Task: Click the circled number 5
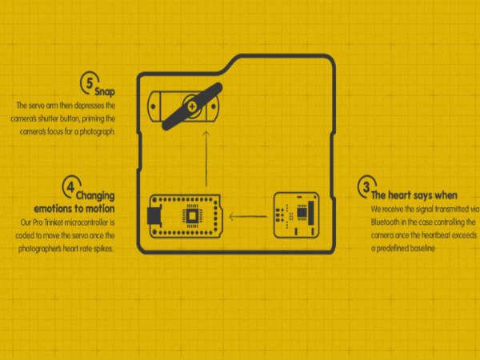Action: (x=89, y=83)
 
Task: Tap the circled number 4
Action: (x=70, y=186)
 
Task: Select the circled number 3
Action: (x=366, y=186)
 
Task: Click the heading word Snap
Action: (x=105, y=91)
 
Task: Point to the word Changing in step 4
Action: (x=95, y=196)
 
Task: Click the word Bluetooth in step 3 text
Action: (x=385, y=222)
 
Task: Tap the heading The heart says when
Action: (x=414, y=195)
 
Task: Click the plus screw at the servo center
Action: (x=192, y=106)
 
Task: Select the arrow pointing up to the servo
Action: (x=206, y=158)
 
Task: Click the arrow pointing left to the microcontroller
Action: (x=248, y=217)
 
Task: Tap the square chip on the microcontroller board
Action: (x=192, y=216)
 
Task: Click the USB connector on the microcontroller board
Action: (x=154, y=216)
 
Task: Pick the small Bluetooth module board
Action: (x=296, y=215)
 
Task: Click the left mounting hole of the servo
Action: (x=153, y=106)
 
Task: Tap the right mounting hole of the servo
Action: (x=214, y=106)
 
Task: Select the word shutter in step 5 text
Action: (x=48, y=118)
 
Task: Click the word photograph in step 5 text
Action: (x=98, y=132)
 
